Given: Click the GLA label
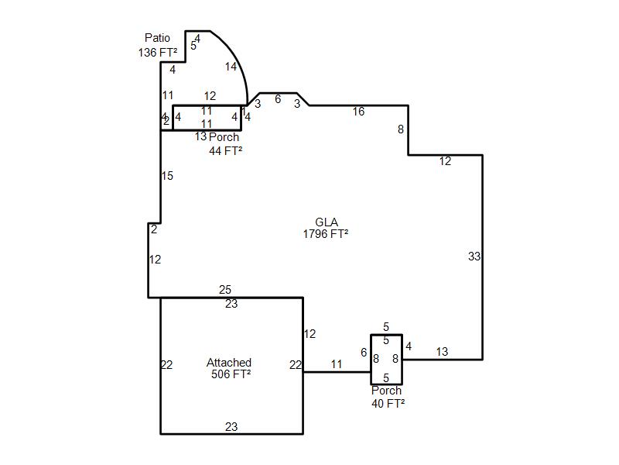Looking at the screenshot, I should pos(326,222).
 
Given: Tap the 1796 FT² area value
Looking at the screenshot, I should pos(326,233).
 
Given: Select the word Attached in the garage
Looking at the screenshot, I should pos(229,363).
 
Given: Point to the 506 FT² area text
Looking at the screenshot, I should pos(231,374).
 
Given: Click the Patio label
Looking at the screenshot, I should pos(157,38).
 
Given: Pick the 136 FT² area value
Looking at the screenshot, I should pos(158,53).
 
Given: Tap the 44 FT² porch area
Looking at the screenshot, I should pos(225,150).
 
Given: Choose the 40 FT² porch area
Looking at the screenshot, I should pos(388,403).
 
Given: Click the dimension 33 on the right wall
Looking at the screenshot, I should pos(474,257).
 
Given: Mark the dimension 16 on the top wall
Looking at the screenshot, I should pos(358,112).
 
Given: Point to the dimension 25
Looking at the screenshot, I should pos(224,290).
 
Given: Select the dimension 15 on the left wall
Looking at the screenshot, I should pos(167,176).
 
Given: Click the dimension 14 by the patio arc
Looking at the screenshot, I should pos(231,67).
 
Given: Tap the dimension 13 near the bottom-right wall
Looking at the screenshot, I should pos(442,352).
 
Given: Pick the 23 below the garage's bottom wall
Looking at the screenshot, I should pos(231,427).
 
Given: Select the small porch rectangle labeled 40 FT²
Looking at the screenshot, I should pos(386,359).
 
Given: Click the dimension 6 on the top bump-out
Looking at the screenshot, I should pos(278,99).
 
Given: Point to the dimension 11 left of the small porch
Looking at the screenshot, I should pos(337,364).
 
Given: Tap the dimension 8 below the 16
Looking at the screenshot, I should pos(401,129).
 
